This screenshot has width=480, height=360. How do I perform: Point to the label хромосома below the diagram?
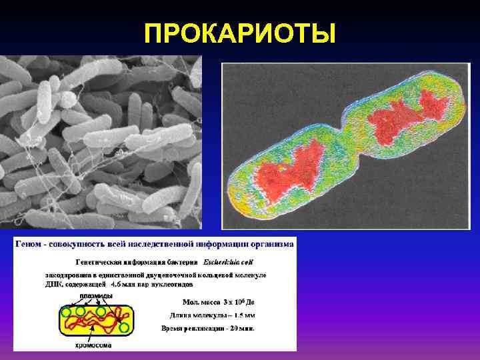[93, 345]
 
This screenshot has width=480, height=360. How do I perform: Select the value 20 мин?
[247, 328]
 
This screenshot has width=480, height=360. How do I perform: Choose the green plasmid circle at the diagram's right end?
[124, 327]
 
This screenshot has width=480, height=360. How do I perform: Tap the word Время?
[174, 328]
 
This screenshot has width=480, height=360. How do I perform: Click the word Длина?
[177, 315]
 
